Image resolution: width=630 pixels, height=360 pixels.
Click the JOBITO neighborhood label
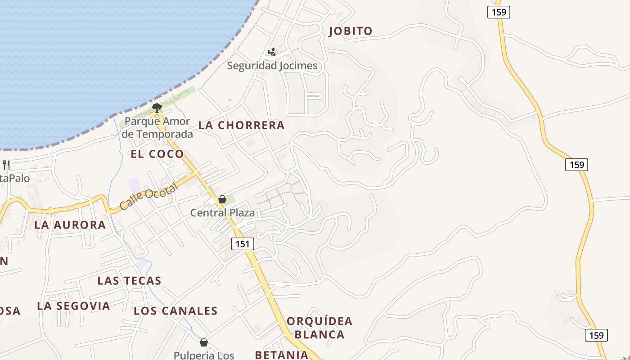click(x=351, y=31)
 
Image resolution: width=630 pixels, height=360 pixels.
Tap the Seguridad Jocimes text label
click(x=272, y=66)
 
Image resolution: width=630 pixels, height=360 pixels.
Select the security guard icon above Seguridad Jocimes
click(x=272, y=52)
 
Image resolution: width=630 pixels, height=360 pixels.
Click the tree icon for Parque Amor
click(x=157, y=108)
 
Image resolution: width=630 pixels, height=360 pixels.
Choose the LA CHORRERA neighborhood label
click(x=242, y=126)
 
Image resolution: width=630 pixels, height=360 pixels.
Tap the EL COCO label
click(x=157, y=154)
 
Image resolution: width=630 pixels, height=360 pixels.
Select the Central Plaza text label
click(x=222, y=212)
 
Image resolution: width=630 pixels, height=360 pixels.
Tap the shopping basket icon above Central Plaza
click(x=222, y=199)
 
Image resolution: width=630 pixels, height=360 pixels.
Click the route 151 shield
click(x=243, y=244)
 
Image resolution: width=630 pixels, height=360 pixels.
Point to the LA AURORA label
click(x=70, y=225)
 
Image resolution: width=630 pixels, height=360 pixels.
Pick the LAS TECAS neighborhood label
click(x=129, y=281)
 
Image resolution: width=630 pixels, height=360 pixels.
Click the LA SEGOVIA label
click(x=73, y=306)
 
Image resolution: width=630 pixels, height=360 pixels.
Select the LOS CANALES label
click(x=175, y=311)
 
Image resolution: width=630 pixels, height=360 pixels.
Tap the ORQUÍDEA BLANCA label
click(x=319, y=328)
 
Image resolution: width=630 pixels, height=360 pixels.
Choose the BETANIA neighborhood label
click(x=282, y=355)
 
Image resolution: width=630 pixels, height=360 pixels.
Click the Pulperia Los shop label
click(x=204, y=355)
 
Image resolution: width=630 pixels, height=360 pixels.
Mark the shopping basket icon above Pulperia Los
click(x=204, y=342)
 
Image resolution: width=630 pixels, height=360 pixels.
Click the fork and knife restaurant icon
click(x=6, y=165)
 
